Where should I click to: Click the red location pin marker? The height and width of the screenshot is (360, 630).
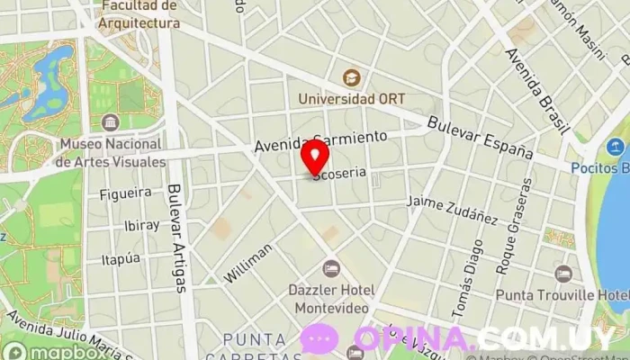314,157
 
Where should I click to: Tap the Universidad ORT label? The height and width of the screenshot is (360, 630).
354,99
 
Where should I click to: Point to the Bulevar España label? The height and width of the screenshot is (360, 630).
481,138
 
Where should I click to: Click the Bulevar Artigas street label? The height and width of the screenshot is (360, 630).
176,238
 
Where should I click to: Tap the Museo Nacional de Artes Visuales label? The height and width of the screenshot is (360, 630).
111,153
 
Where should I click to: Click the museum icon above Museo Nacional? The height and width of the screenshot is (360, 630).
111,122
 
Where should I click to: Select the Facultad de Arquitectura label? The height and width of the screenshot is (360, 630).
139,14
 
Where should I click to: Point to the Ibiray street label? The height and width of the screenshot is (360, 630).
141,225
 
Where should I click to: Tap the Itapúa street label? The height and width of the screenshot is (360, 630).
121,259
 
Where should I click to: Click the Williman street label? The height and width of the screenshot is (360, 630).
247,263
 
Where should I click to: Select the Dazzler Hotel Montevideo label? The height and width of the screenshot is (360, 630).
330,299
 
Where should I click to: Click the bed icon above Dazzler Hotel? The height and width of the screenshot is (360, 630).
331,268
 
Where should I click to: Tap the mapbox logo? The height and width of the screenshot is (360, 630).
41,350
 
